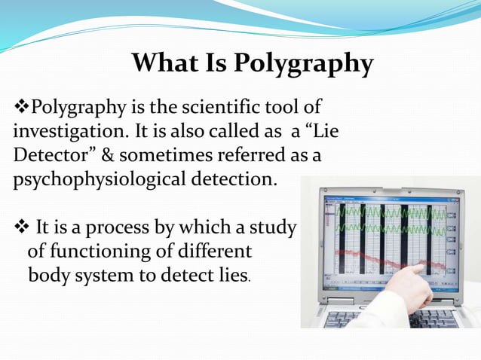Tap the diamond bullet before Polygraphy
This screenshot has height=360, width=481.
coord(21,105)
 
